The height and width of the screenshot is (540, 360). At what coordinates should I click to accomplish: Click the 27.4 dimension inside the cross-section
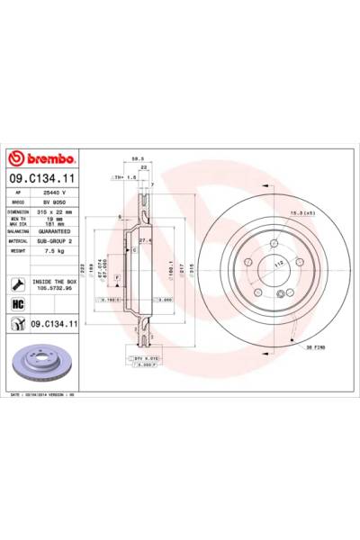point(145,240)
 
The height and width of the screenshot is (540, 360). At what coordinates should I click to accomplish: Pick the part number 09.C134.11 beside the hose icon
point(57,323)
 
